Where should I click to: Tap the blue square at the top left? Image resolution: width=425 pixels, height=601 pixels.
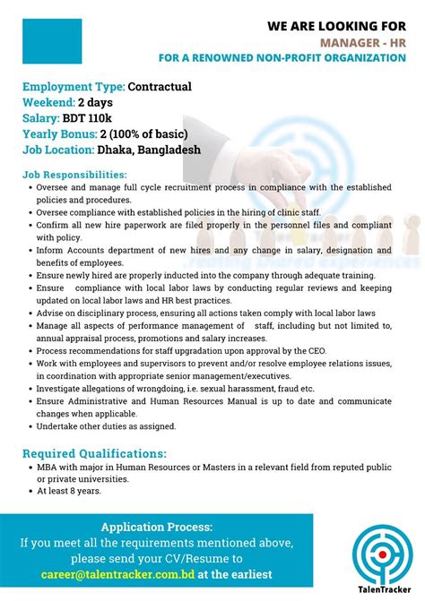point(52,42)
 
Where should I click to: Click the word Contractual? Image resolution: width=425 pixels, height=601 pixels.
point(160,87)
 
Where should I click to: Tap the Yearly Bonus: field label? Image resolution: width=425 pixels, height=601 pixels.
point(63,134)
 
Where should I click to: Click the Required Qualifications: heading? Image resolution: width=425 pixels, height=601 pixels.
point(94,453)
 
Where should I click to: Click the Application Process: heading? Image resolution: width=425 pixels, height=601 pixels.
point(157,527)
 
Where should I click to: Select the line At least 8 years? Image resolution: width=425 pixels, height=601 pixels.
point(68,492)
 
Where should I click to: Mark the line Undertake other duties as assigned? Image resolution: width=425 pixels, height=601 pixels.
point(107,426)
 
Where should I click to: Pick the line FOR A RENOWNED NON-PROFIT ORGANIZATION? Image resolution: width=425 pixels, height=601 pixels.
point(282,58)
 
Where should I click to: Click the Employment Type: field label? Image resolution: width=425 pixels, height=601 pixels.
point(74,87)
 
